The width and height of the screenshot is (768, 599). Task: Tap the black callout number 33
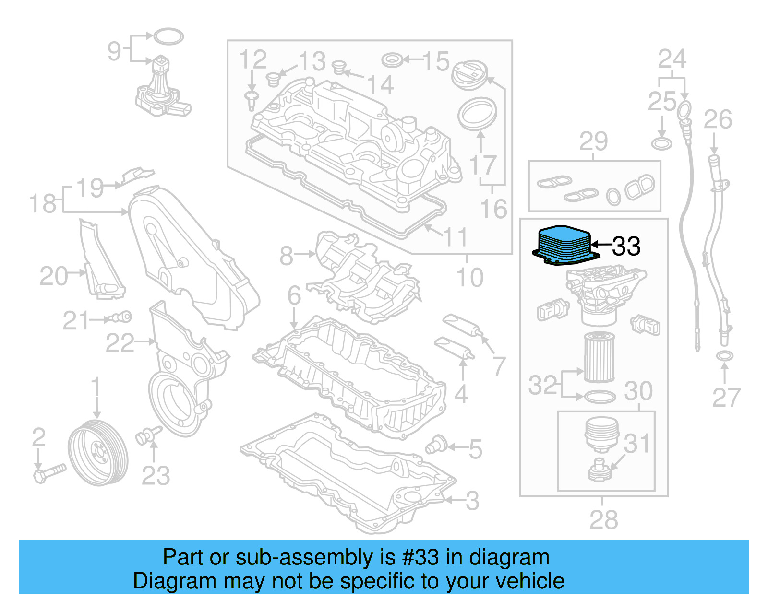tap(626, 246)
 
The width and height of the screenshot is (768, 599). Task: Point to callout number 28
tap(603, 520)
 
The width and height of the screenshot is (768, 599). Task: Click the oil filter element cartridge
tap(599, 358)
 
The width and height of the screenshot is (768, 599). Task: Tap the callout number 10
tap(469, 277)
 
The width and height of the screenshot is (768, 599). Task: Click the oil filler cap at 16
tap(469, 74)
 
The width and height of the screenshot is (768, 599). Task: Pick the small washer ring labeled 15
tap(392, 60)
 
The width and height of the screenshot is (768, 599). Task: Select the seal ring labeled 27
tap(724, 356)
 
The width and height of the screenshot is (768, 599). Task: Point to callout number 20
tap(53, 276)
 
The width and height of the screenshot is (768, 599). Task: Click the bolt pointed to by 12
tap(251, 100)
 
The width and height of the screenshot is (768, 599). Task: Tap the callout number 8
tap(287, 256)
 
